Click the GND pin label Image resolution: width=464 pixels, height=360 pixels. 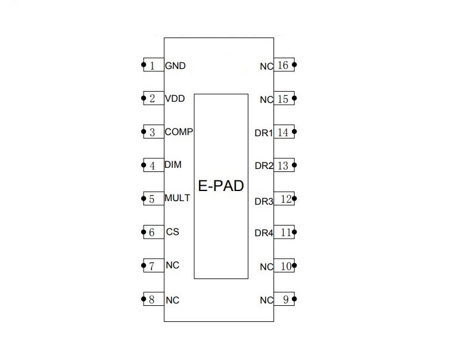point(175,65)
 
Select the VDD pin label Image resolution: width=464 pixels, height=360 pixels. point(175,99)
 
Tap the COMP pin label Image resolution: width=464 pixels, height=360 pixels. point(179,132)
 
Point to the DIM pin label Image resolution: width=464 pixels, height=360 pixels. point(173,165)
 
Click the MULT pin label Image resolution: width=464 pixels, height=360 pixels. point(177,198)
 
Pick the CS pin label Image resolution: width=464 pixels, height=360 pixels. point(172,232)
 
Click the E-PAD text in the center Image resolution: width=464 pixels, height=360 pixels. point(221,186)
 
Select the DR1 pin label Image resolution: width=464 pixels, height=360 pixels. point(263,133)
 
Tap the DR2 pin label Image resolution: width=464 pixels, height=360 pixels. point(263,166)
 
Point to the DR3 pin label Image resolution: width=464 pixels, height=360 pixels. point(263,202)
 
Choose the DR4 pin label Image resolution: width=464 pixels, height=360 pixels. point(263,233)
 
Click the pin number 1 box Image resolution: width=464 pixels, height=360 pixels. point(153,65)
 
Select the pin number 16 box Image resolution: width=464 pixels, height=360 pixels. point(284,64)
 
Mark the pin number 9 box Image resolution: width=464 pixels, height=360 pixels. point(285,299)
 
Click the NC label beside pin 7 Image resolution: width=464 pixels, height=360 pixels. point(172,265)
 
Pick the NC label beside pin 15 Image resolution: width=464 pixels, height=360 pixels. point(266,99)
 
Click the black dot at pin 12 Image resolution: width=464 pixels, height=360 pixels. point(295,198)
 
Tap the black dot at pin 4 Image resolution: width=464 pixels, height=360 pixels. point(144,165)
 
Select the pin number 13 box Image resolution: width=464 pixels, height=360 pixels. point(284,165)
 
